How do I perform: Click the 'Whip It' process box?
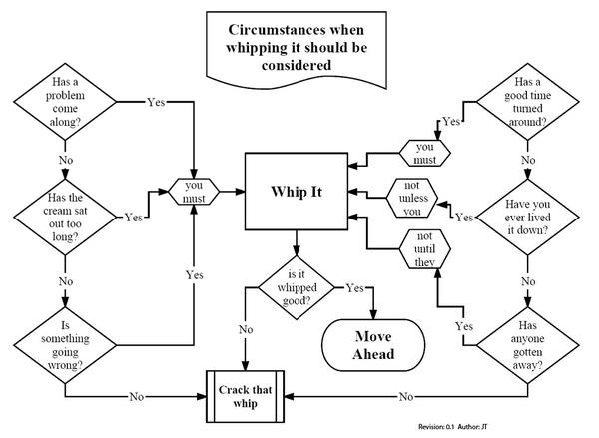(x=297, y=192)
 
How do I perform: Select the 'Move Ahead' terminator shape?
(x=373, y=345)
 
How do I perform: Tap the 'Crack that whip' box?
(x=245, y=396)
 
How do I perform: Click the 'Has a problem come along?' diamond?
(x=65, y=102)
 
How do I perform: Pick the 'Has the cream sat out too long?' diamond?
(x=65, y=217)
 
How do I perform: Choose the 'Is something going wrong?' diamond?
(x=65, y=345)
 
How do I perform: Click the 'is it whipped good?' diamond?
(x=297, y=287)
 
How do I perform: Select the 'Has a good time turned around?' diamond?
(x=527, y=102)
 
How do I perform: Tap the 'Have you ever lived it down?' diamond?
(x=527, y=217)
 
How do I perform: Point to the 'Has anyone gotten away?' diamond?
(x=527, y=345)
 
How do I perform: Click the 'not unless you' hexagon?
(x=411, y=198)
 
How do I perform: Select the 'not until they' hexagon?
(x=425, y=249)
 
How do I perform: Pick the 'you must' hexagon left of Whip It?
(x=194, y=192)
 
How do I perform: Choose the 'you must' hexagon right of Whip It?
(x=425, y=153)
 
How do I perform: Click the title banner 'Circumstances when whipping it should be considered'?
(x=297, y=49)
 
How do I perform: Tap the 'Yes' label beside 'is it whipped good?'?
(x=354, y=288)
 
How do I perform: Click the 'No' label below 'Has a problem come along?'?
(x=66, y=160)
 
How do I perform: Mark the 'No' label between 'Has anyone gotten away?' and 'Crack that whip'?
(x=406, y=397)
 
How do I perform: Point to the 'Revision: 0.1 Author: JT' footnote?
(x=453, y=427)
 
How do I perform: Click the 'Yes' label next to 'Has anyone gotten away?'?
(x=464, y=326)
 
